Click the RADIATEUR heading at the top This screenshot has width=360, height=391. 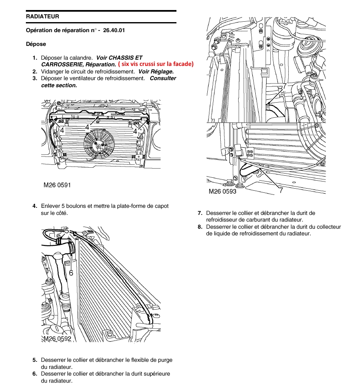click(x=42, y=17)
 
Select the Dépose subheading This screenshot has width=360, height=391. click(x=36, y=44)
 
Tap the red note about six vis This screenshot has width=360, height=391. click(x=156, y=64)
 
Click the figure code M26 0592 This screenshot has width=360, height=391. click(x=58, y=339)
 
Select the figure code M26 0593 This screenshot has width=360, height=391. click(x=222, y=192)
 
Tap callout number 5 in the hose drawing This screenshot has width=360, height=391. click(x=67, y=230)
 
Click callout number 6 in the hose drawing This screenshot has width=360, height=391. click(x=71, y=272)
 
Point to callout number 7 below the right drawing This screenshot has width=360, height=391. click(x=281, y=190)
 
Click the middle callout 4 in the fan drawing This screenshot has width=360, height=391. click(x=87, y=126)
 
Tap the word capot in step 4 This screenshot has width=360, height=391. click(x=161, y=206)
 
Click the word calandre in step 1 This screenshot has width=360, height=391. click(x=81, y=58)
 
